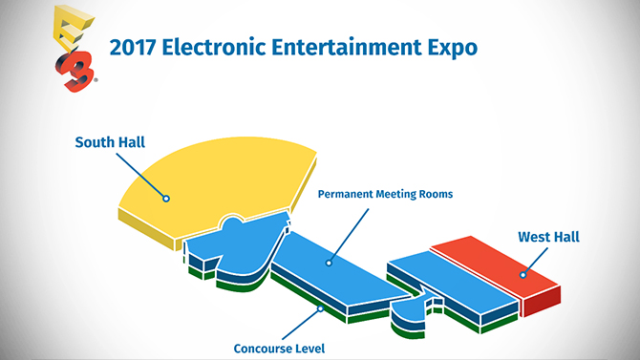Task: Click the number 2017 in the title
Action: [x=137, y=48]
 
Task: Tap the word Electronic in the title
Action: [x=220, y=48]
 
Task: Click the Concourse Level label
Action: [x=280, y=349]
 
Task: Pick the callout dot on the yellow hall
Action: [x=165, y=200]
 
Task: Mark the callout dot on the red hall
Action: [x=522, y=275]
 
